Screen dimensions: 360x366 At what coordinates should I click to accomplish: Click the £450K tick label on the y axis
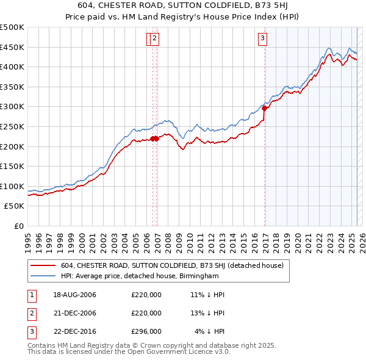pyautogui.click(x=12, y=47)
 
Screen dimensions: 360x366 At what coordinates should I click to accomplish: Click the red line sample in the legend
pyautogui.click(x=43, y=265)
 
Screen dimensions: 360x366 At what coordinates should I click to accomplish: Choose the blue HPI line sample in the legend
pyautogui.click(x=43, y=276)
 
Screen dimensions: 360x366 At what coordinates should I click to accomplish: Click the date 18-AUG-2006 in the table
pyautogui.click(x=75, y=295)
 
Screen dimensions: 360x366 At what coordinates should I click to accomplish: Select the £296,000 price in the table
pyautogui.click(x=146, y=331)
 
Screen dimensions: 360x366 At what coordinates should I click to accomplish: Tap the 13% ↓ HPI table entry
pyautogui.click(x=207, y=313)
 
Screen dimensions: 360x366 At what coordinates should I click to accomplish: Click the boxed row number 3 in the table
pyautogui.click(x=31, y=331)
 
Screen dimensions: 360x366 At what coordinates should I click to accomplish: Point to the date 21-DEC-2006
pyautogui.click(x=75, y=313)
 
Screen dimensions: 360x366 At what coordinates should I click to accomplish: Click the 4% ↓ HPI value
pyautogui.click(x=210, y=331)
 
